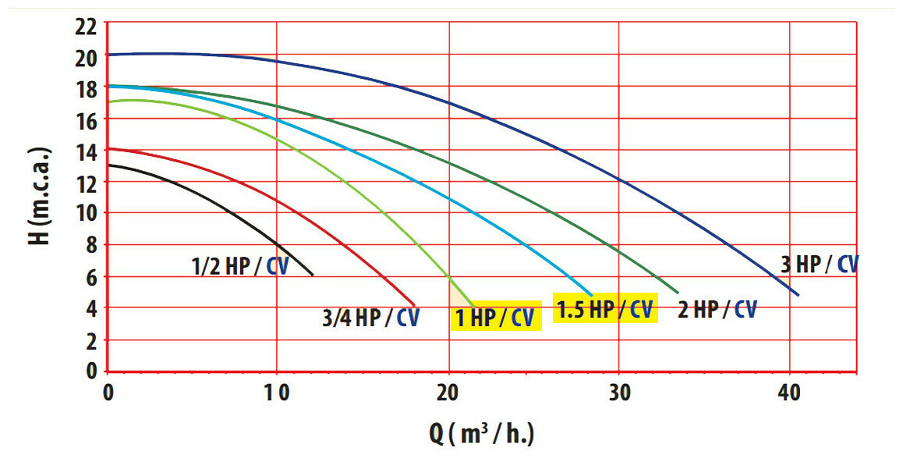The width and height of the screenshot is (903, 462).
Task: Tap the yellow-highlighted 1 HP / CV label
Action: [495, 317]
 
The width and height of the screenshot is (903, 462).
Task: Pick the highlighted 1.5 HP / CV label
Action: [604, 309]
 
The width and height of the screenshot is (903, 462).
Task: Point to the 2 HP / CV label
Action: [717, 310]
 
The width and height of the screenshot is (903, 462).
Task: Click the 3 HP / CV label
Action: [820, 265]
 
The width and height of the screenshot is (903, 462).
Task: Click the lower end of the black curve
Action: [313, 275]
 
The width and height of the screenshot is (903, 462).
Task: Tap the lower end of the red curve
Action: [414, 305]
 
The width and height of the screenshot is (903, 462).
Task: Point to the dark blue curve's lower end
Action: [799, 294]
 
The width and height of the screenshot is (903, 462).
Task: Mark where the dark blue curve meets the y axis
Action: [108, 55]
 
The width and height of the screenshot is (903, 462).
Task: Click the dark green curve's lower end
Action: [678, 292]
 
